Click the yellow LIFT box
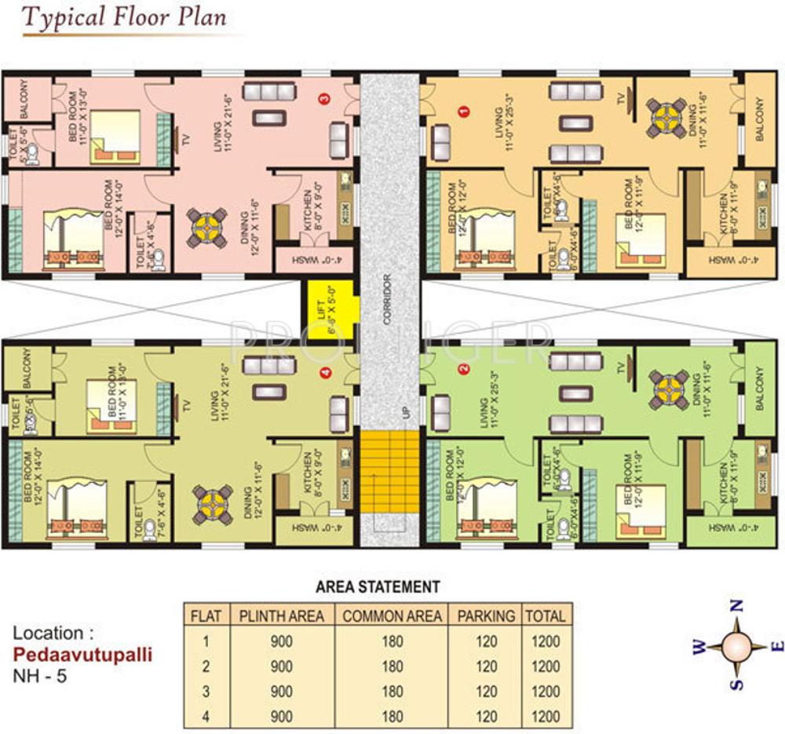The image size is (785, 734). [328, 310]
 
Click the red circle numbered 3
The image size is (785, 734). [323, 98]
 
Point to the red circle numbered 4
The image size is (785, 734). [327, 373]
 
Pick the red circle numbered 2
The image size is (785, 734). [463, 369]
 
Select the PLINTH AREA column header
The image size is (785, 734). [282, 616]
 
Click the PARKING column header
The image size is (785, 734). [487, 616]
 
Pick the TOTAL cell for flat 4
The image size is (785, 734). [546, 716]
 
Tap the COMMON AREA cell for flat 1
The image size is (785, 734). [392, 641]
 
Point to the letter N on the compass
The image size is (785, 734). [736, 605]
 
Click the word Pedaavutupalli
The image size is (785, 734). [82, 653]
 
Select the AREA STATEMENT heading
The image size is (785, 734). [378, 586]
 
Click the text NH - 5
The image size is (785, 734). [41, 674]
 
